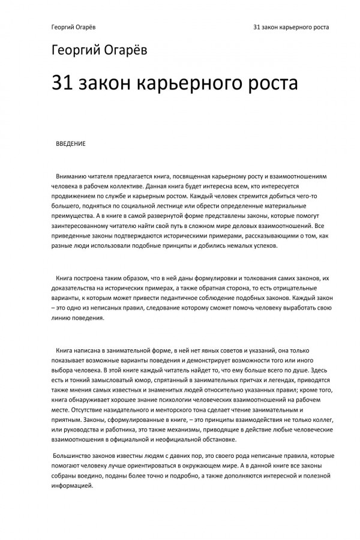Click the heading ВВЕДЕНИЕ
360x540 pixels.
(x=70, y=144)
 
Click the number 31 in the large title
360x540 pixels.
(x=64, y=83)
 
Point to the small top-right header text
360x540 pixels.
(x=291, y=27)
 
